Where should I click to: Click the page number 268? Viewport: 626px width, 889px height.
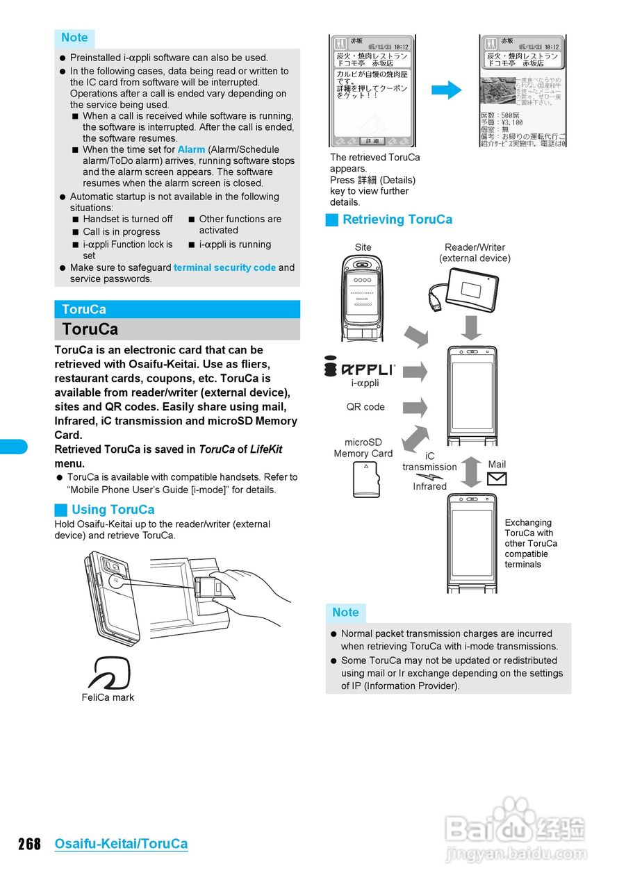click(29, 844)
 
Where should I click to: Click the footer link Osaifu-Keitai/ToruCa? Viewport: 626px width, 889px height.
click(121, 844)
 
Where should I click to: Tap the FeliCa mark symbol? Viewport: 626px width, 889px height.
click(109, 672)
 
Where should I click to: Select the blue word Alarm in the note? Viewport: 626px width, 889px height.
click(191, 149)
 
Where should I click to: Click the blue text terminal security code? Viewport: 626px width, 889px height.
click(224, 267)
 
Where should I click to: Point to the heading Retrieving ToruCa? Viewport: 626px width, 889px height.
click(397, 219)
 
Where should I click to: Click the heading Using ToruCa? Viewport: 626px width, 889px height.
click(113, 510)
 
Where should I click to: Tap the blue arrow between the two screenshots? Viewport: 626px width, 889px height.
click(446, 90)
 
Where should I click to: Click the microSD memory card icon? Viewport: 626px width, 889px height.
click(366, 479)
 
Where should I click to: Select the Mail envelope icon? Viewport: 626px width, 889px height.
click(497, 479)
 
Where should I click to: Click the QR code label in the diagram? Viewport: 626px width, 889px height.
click(365, 407)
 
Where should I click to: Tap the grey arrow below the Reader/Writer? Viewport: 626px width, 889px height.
click(472, 327)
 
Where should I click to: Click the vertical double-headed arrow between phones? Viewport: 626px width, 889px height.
click(472, 472)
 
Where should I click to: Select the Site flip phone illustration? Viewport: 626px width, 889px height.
click(363, 297)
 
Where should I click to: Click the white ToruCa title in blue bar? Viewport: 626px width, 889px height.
click(84, 310)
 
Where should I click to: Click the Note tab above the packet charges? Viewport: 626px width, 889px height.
click(345, 613)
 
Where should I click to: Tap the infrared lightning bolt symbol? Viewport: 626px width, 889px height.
click(429, 476)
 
